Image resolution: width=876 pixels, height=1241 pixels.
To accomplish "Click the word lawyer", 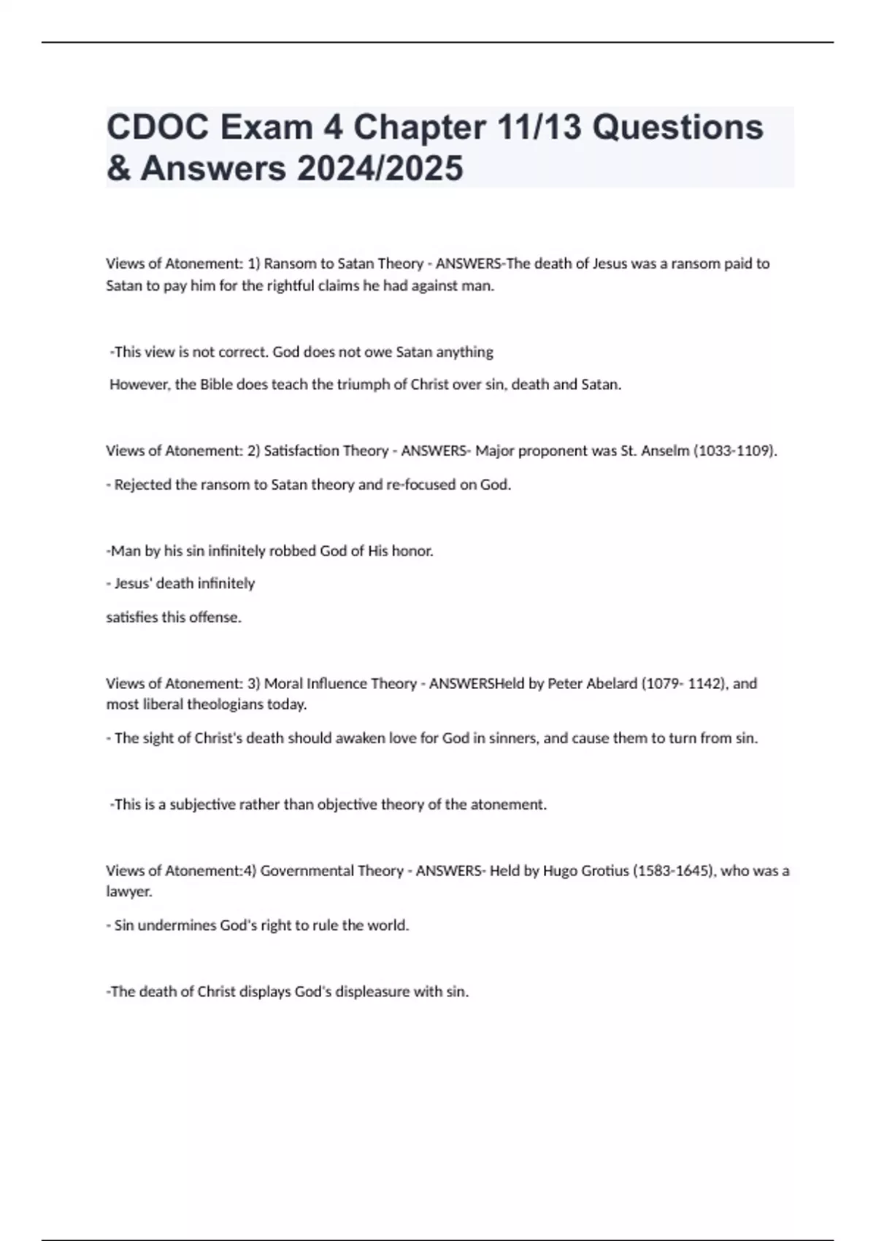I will pos(128,892).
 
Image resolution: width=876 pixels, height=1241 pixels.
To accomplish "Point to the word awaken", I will pos(356,739).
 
